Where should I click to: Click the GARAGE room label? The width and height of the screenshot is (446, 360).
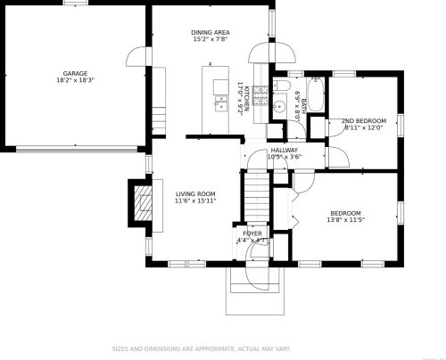click(x=74, y=73)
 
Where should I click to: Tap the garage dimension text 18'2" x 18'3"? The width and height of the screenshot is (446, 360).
click(x=74, y=80)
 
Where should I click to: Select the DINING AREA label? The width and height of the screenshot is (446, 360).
click(x=210, y=32)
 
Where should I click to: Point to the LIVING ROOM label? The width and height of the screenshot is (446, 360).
click(x=195, y=193)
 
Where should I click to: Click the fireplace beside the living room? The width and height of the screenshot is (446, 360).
click(x=139, y=202)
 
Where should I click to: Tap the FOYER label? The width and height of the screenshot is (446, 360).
click(x=252, y=233)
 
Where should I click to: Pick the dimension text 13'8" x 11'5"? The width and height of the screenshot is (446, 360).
click(x=344, y=220)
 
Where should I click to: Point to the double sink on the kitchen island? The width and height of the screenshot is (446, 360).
click(x=219, y=98)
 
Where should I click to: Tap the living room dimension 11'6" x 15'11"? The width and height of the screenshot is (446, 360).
click(x=195, y=201)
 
